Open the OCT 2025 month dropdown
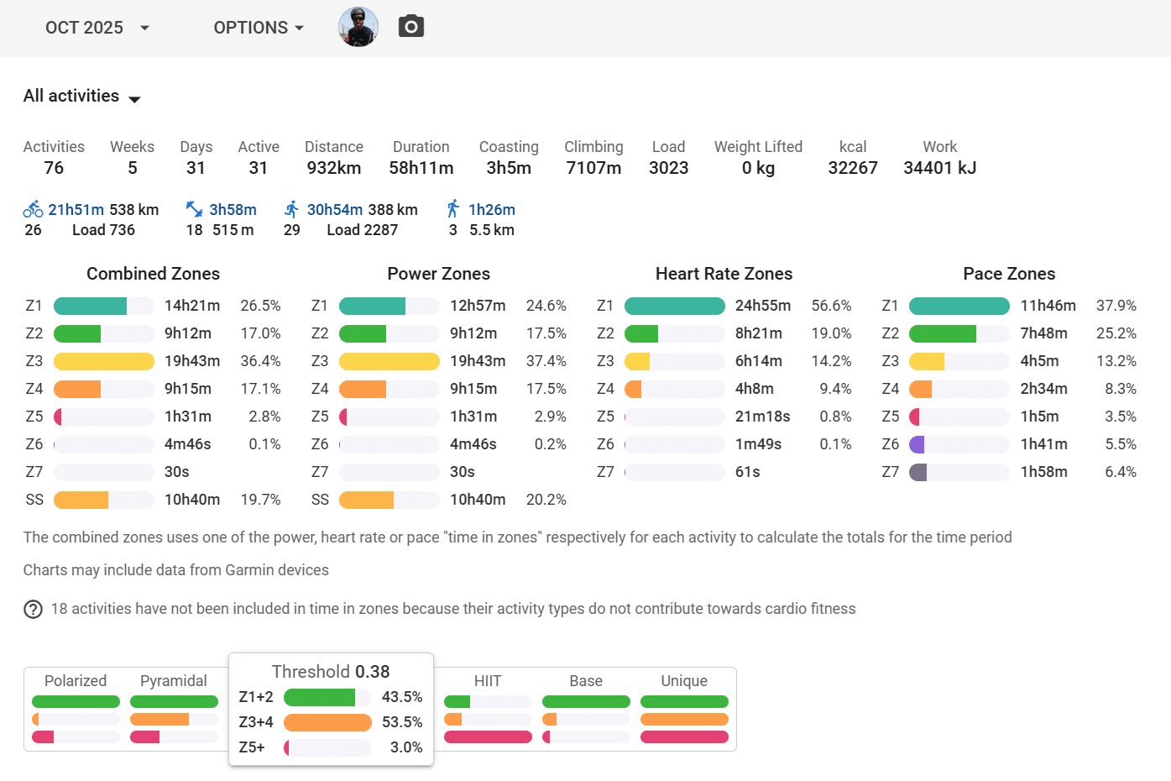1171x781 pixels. (x=97, y=28)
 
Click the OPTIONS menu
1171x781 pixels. (x=258, y=28)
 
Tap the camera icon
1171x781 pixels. (x=410, y=27)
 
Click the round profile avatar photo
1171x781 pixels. (x=358, y=27)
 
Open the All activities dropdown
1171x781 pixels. (x=82, y=97)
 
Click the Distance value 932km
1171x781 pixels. (x=333, y=168)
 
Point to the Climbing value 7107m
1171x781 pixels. (x=593, y=168)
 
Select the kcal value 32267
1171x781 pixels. (x=852, y=168)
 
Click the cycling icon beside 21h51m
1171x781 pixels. (x=33, y=209)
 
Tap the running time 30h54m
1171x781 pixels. (x=335, y=210)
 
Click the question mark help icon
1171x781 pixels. (x=33, y=609)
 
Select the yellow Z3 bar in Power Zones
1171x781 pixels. (x=389, y=361)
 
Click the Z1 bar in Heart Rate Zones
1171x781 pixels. (x=674, y=306)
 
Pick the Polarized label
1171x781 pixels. (x=76, y=681)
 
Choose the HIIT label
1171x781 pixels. (x=488, y=681)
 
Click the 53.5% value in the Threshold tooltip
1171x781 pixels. (x=402, y=722)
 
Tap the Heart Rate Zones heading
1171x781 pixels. (x=724, y=274)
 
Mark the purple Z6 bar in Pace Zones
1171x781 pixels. (x=917, y=444)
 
